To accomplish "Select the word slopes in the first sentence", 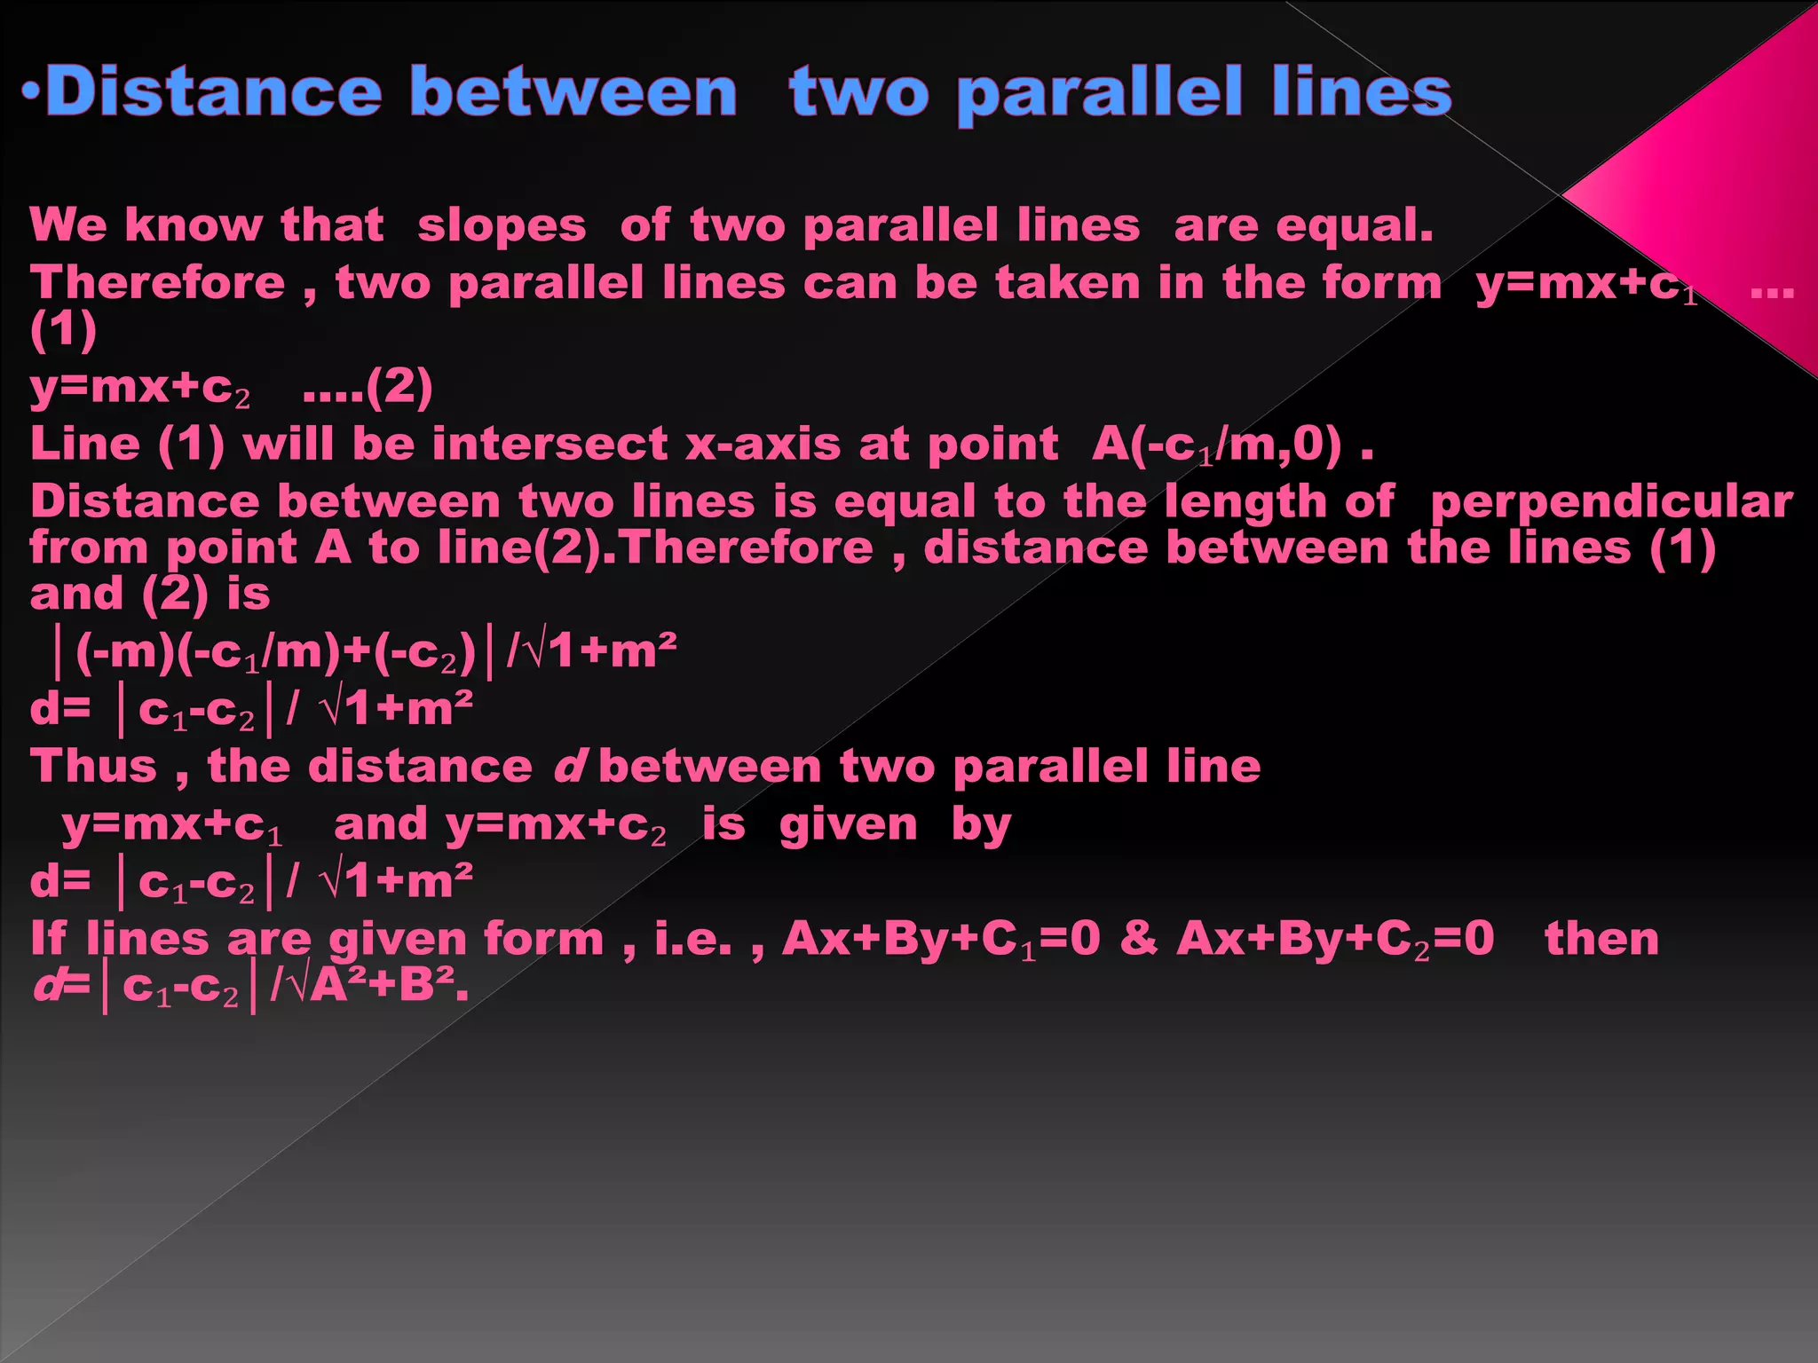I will (x=502, y=225).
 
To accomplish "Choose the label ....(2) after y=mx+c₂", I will (x=368, y=387).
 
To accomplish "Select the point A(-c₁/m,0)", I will (x=1217, y=444).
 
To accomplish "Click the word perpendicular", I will (x=1611, y=501).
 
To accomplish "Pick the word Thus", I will (x=93, y=766).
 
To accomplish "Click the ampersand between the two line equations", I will (x=1138, y=938).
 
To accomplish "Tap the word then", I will (x=1601, y=939).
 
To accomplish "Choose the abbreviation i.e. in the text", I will (x=693, y=939).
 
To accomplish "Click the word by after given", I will (x=981, y=826).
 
